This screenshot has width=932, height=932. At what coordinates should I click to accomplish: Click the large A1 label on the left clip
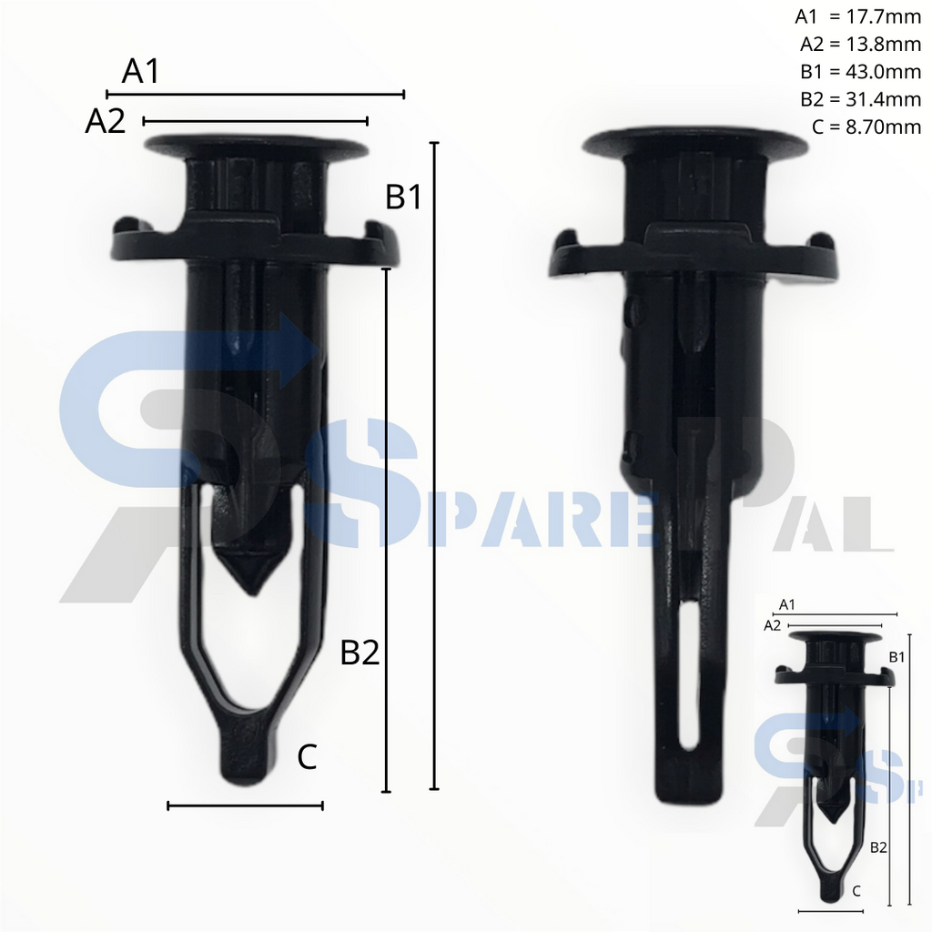pyautogui.click(x=141, y=71)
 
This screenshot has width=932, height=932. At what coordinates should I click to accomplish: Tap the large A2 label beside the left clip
pyautogui.click(x=106, y=121)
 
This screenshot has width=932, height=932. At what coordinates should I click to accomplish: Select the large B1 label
pyautogui.click(x=403, y=197)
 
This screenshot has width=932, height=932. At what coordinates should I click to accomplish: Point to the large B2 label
pyautogui.click(x=360, y=652)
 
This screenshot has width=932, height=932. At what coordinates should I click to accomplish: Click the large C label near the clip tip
pyautogui.click(x=307, y=757)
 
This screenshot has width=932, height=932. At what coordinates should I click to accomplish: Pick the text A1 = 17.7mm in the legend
pyautogui.click(x=857, y=16)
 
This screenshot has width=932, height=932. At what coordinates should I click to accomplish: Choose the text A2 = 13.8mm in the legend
pyautogui.click(x=860, y=44)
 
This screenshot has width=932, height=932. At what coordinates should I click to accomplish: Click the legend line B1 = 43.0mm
pyautogui.click(x=860, y=71)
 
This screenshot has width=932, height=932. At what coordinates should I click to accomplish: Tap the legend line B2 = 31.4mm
pyautogui.click(x=860, y=98)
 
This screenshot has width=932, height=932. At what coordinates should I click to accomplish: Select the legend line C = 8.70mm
pyautogui.click(x=866, y=127)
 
